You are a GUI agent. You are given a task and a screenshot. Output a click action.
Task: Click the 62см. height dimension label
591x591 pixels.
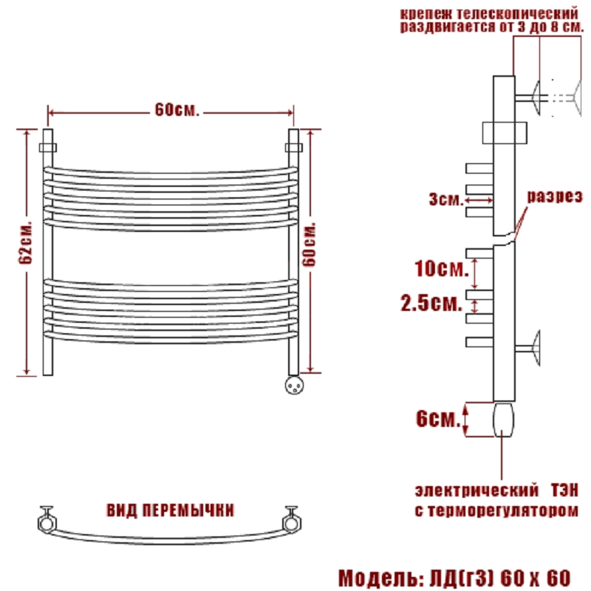tap(26, 242)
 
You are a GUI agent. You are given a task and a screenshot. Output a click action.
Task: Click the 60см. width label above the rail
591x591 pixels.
tap(177, 109)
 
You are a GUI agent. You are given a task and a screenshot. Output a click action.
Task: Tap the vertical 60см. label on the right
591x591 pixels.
tap(309, 245)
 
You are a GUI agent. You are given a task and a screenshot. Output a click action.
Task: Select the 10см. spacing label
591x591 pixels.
tap(441, 269)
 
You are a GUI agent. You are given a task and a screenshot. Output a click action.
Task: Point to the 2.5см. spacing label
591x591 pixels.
tap(431, 303)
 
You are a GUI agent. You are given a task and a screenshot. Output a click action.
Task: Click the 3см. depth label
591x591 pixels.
tap(446, 199)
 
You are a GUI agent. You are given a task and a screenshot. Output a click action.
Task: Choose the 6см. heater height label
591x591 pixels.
tap(438, 418)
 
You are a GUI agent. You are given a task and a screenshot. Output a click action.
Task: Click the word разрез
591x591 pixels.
tap(555, 197)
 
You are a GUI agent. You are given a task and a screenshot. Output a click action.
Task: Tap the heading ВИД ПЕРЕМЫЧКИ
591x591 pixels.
tap(171, 510)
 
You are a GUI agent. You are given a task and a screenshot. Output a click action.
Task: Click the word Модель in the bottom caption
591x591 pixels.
tap(380, 578)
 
